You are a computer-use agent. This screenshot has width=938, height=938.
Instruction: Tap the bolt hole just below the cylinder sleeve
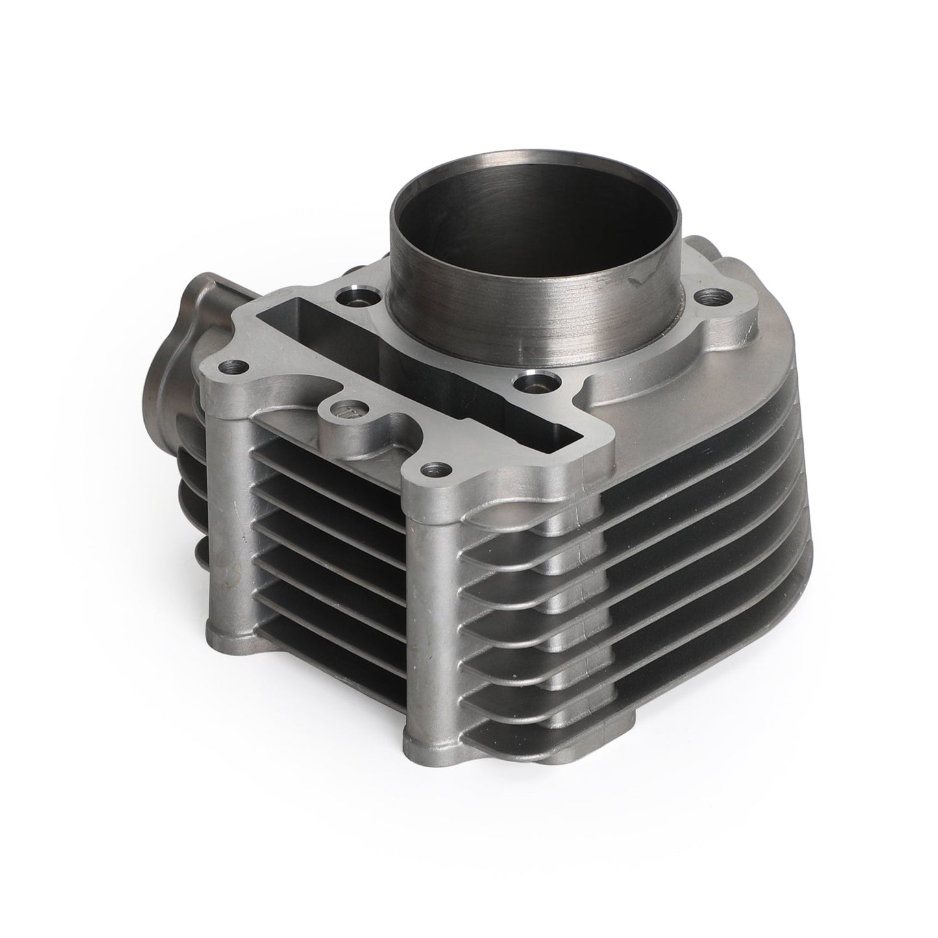pyautogui.click(x=530, y=382)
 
